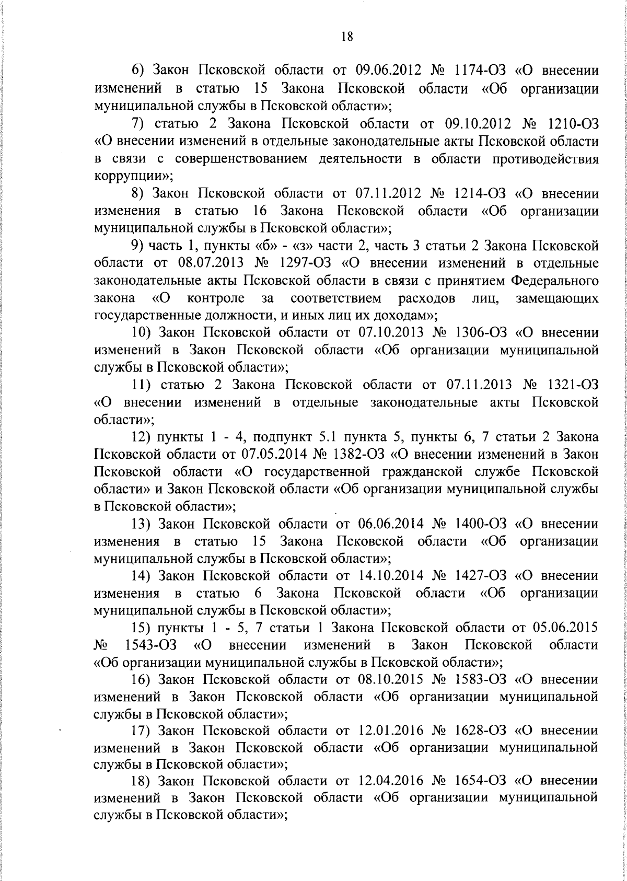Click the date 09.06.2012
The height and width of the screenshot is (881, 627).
coord(388,71)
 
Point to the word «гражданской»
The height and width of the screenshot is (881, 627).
coord(425,472)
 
